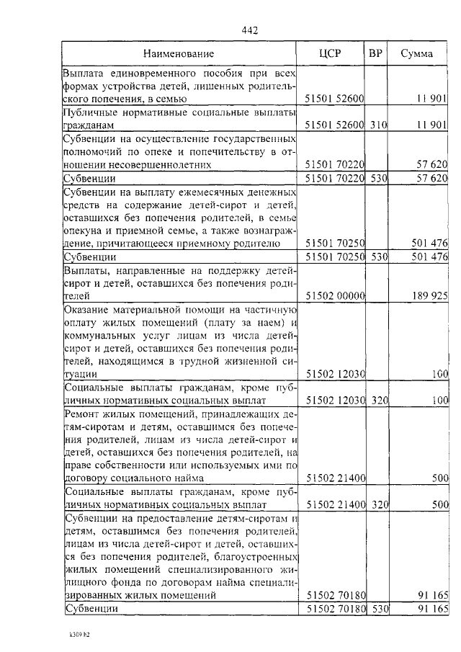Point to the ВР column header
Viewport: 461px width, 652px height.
tap(375, 53)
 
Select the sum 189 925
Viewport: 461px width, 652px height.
tap(431, 295)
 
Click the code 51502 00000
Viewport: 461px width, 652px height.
tap(336, 295)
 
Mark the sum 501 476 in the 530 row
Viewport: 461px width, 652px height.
tap(431, 256)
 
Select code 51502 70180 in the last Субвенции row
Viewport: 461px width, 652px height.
tap(336, 609)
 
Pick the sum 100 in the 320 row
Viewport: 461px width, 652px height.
tap(440, 400)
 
